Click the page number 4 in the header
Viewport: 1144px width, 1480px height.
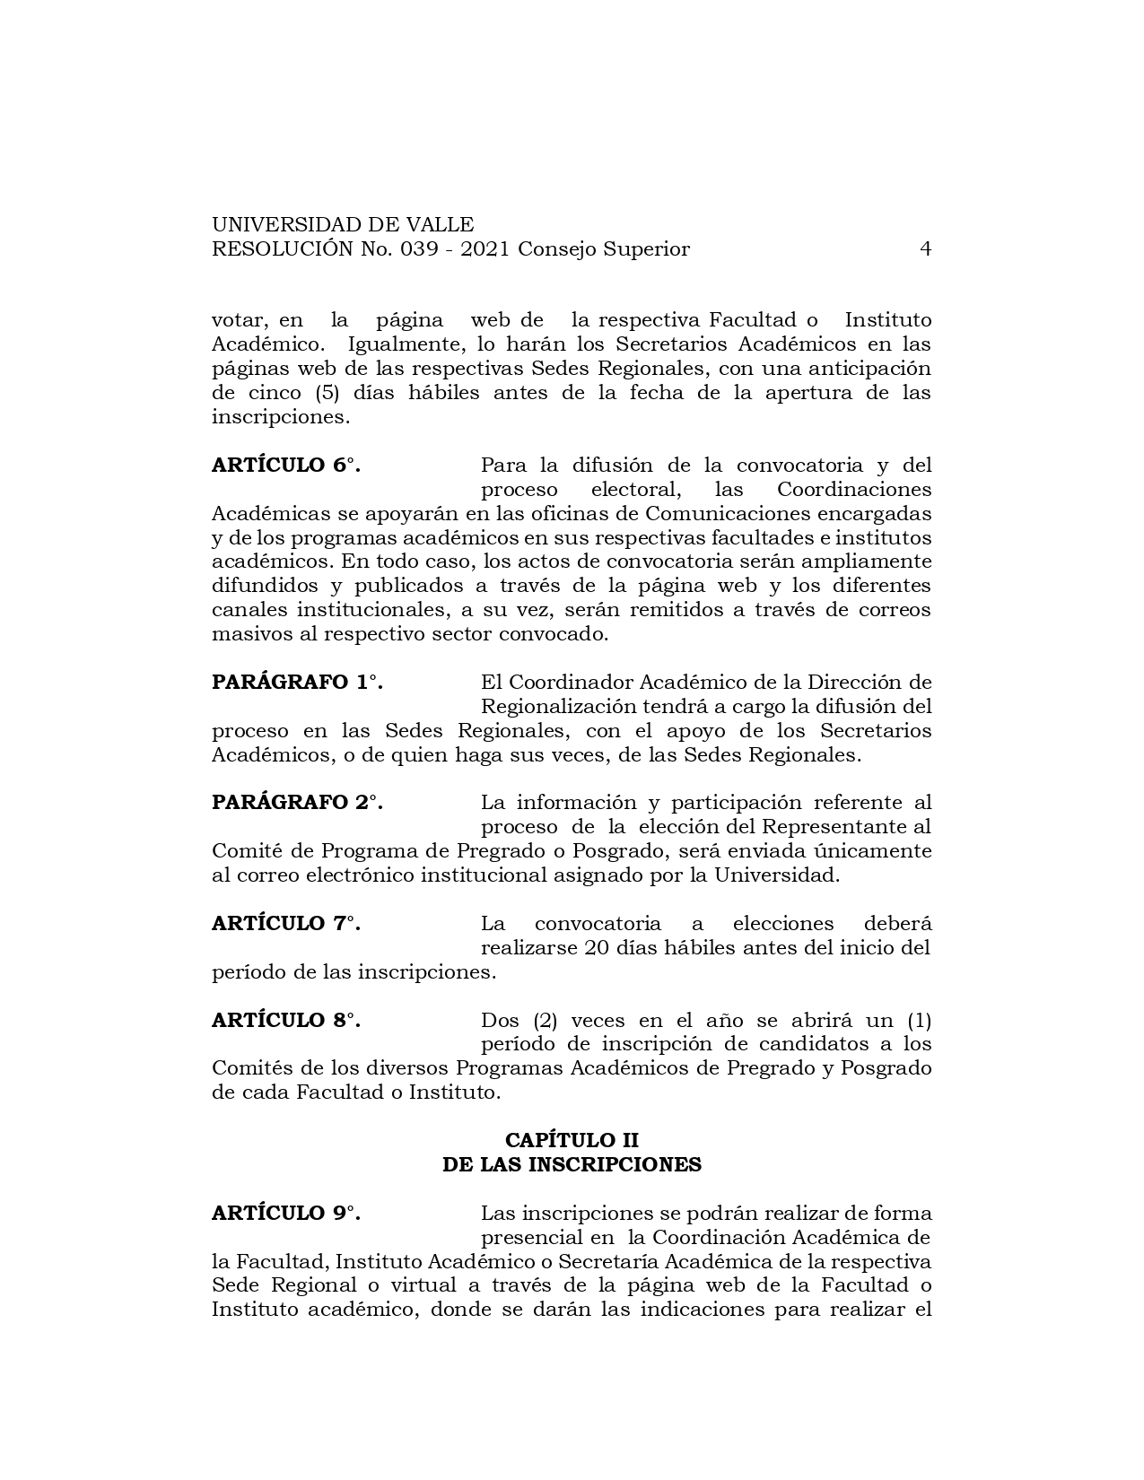click(x=925, y=249)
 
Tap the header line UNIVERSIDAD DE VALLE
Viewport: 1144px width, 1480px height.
click(x=343, y=225)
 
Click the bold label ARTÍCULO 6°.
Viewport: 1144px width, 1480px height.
click(x=285, y=466)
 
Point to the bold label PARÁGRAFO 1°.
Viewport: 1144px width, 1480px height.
click(x=297, y=682)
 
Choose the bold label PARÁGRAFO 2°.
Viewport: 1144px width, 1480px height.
click(x=297, y=803)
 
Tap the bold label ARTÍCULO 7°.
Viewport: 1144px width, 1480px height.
click(x=285, y=924)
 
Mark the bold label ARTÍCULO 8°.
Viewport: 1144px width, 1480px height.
click(x=285, y=1021)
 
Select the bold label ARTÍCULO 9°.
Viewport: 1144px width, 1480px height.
click(x=285, y=1214)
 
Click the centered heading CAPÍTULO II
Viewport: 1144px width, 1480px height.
click(x=572, y=1140)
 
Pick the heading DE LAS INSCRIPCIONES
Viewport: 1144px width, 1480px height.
click(x=572, y=1164)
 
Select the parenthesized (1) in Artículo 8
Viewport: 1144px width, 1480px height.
click(x=919, y=1021)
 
